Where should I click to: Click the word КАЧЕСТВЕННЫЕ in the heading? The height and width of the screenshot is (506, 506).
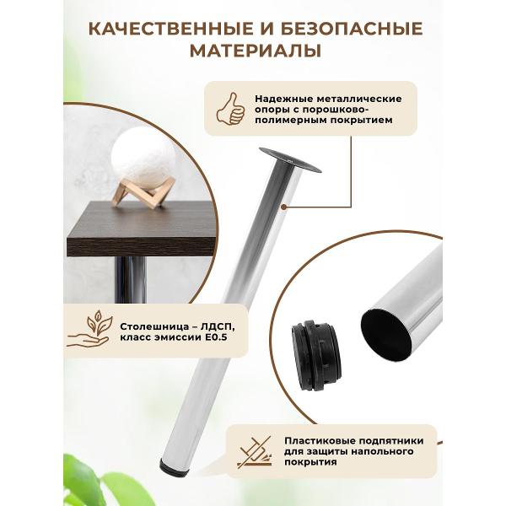click(x=171, y=29)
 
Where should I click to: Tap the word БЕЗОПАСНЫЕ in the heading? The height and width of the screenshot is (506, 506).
click(x=352, y=29)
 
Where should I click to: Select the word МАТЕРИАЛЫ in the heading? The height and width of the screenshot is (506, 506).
click(x=256, y=51)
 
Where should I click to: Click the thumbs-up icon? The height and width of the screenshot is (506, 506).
click(x=230, y=109)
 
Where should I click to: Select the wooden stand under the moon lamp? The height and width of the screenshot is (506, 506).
click(x=143, y=192)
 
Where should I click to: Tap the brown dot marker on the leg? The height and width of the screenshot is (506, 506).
click(x=283, y=207)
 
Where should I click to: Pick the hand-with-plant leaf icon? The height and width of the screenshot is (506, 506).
click(x=89, y=329)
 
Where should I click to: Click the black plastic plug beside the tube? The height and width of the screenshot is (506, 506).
click(x=317, y=355)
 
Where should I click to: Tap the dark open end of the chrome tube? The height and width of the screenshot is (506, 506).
click(x=386, y=335)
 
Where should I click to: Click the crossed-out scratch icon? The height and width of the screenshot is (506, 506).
click(x=255, y=452)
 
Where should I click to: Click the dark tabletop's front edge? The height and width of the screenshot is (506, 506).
click(x=141, y=247)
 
